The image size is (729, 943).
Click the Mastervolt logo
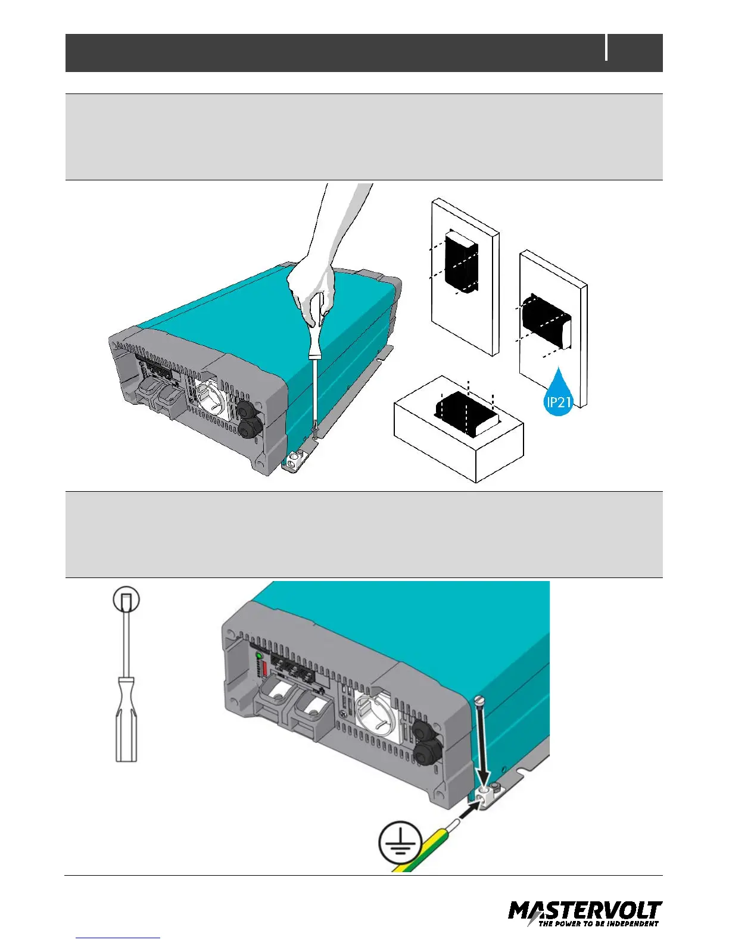[585, 914]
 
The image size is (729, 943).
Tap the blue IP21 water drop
[559, 395]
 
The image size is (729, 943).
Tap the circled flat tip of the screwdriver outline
[126, 599]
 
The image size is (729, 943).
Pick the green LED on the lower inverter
[258, 656]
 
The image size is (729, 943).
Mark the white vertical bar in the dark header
[607, 48]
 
